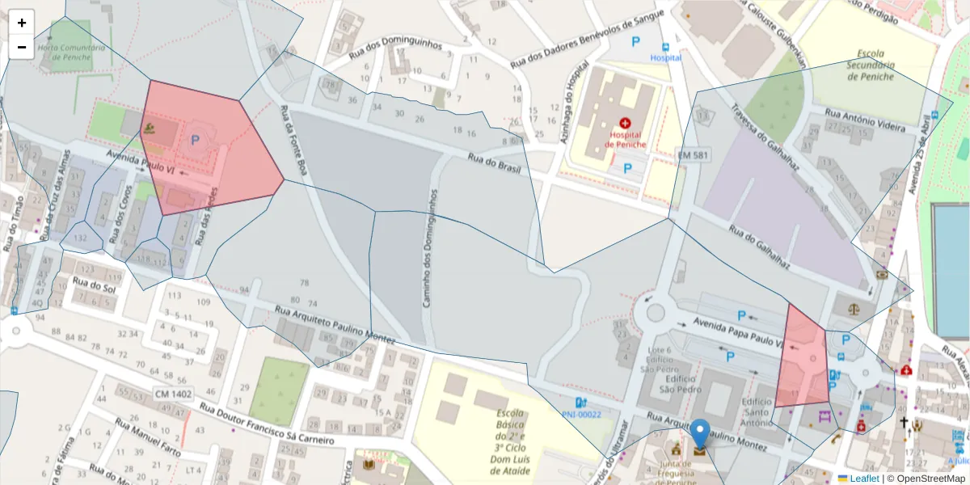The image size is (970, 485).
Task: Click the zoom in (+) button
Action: pos(22,23)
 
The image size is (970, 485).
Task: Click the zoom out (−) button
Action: pos(22,47)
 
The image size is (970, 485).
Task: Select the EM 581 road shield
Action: pos(690,153)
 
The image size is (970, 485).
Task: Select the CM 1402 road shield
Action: pos(173,394)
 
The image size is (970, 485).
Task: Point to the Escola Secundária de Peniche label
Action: pos(871,65)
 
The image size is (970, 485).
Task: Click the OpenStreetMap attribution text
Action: pos(927,479)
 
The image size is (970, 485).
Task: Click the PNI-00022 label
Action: pos(582,415)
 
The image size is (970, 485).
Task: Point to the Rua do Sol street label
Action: pos(95,285)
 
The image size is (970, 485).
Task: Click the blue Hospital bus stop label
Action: pos(666,57)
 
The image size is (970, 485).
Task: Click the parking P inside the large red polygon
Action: pos(195,140)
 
